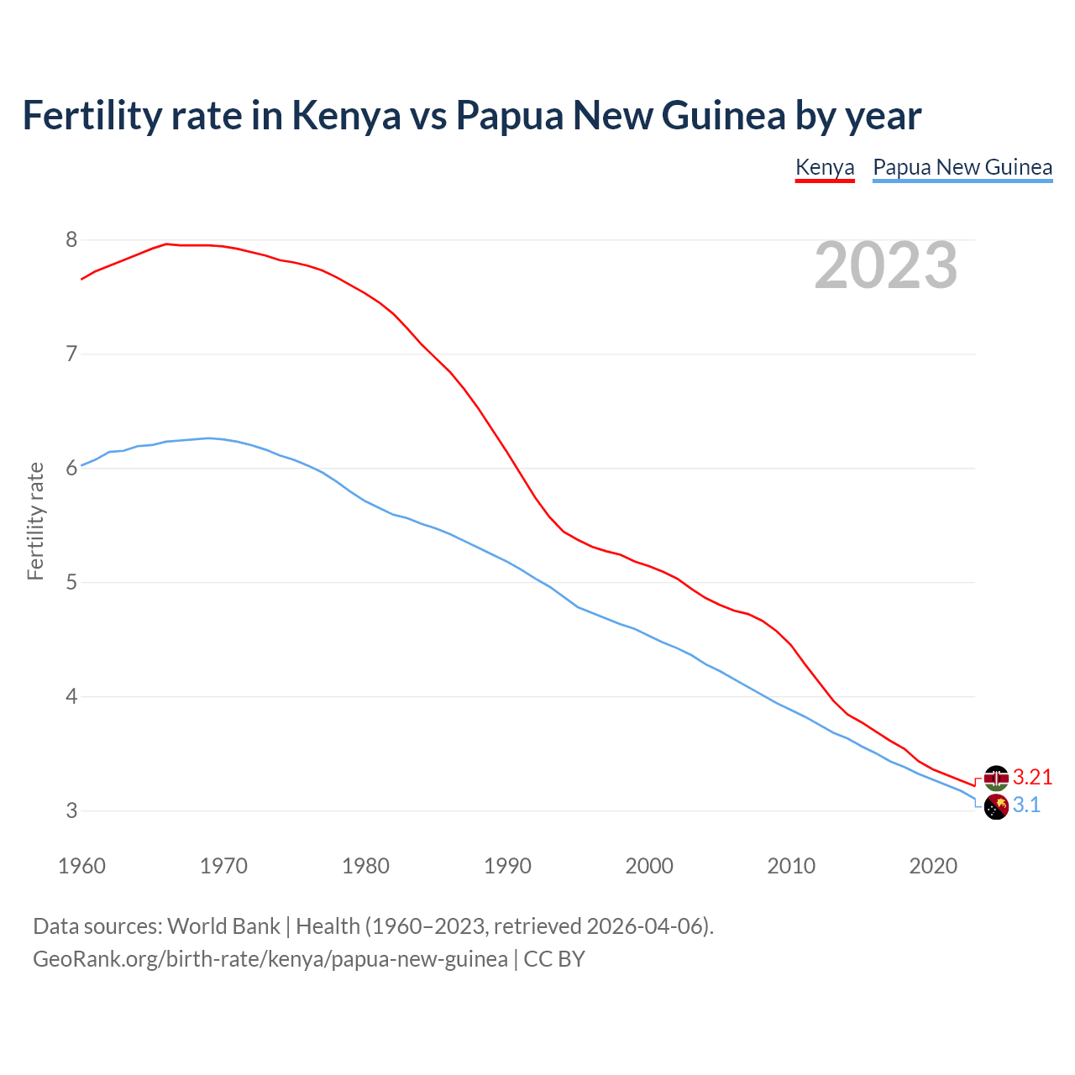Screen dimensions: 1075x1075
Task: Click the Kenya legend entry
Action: tap(824, 167)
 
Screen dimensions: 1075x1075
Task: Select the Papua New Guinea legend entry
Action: tap(962, 167)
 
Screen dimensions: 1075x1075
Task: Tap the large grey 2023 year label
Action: tap(886, 265)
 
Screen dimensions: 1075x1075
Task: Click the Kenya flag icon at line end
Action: tap(996, 778)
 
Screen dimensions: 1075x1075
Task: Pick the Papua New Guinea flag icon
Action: tap(996, 807)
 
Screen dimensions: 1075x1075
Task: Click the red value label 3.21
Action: tap(1032, 777)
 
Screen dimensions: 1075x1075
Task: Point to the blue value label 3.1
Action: tap(1026, 805)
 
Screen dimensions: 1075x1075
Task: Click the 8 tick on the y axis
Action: tap(71, 240)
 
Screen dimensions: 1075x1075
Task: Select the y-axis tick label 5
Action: tap(71, 582)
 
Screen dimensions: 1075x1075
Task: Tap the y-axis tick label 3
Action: tap(71, 810)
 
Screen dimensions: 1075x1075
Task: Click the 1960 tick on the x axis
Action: tap(81, 866)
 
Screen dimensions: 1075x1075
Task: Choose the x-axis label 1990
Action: tap(507, 866)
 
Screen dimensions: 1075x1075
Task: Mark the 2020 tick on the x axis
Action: tap(933, 866)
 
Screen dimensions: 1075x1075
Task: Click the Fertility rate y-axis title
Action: tap(35, 521)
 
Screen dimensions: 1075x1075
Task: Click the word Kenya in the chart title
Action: tap(346, 116)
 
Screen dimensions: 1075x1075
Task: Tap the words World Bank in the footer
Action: tap(223, 926)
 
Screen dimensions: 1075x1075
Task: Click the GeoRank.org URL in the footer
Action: tap(270, 959)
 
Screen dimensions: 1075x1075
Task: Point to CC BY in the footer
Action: tap(554, 959)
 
